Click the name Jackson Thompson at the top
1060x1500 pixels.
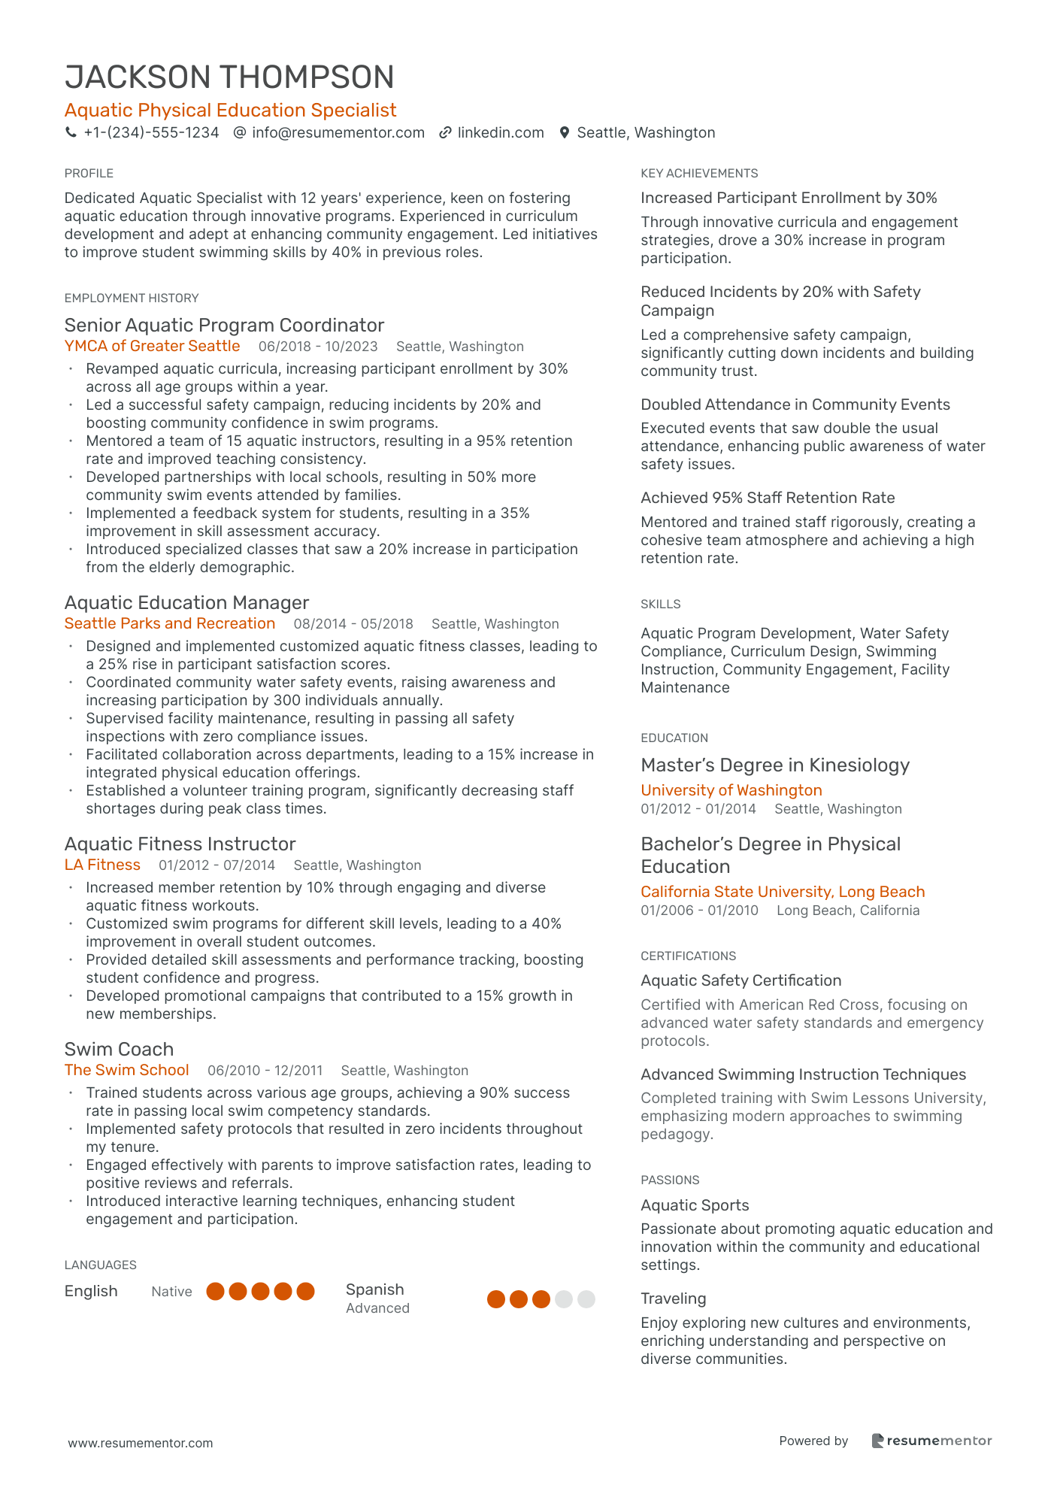(229, 77)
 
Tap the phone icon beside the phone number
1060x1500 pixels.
(71, 133)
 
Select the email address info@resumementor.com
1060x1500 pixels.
(338, 133)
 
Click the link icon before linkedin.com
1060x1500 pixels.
(445, 133)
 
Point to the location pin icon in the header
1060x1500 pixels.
(564, 133)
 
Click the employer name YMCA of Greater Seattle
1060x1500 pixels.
(152, 346)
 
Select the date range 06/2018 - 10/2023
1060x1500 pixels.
(318, 347)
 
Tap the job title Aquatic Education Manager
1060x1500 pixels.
(186, 603)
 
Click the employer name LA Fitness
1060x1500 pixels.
(102, 865)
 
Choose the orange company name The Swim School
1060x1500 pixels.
(126, 1070)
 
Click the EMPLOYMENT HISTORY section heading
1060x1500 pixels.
(132, 298)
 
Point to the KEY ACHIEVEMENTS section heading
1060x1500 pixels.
(699, 174)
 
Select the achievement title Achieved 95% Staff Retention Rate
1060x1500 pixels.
(768, 498)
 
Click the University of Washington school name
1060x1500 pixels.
(731, 790)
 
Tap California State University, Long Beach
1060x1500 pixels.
(783, 892)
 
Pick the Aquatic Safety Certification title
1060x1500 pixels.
(740, 980)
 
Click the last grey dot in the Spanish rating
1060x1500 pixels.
(586, 1299)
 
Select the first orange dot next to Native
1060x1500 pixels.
(216, 1292)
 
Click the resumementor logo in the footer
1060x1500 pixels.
(931, 1441)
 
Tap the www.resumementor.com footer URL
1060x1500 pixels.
(141, 1443)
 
